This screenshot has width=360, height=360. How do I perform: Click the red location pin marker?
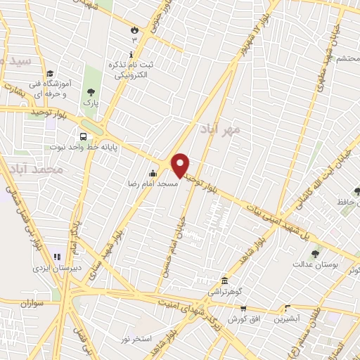point(181,165)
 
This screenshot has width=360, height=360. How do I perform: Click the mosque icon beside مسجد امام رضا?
point(153,174)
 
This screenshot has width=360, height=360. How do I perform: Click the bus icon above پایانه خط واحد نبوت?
point(84,137)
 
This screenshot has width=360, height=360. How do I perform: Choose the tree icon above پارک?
point(91,91)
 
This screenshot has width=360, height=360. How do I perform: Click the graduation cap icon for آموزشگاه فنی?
point(49,73)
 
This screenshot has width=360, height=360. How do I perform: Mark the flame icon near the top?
point(134,30)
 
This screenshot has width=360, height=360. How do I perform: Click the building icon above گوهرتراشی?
point(224,280)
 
